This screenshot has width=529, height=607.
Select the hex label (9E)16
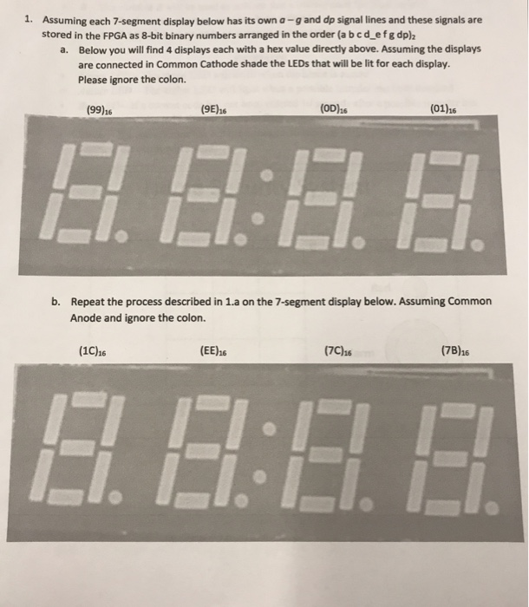pos(213,111)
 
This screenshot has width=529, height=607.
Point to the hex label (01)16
pos(443,109)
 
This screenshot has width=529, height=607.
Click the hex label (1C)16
pos(92,352)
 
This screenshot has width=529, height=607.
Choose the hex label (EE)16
pos(212,352)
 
